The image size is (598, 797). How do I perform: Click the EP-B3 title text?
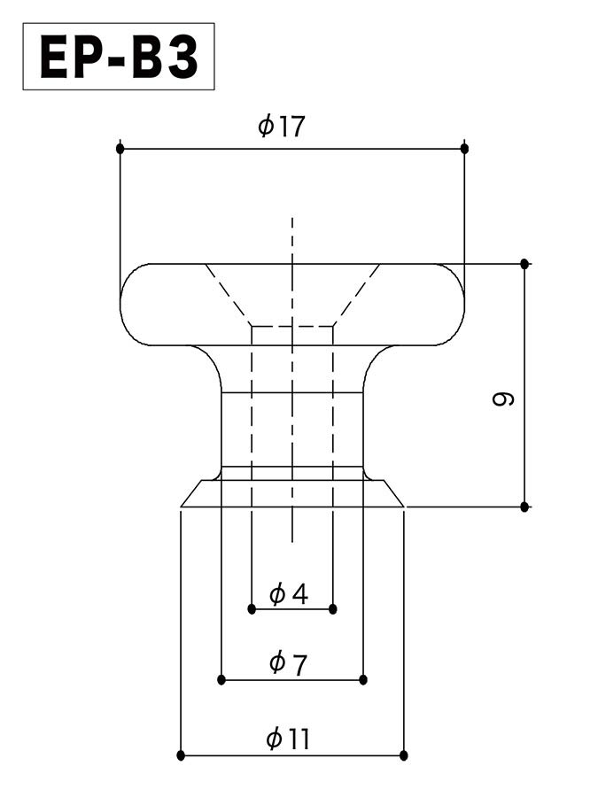pos(119,57)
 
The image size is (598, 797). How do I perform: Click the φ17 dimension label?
pos(281,126)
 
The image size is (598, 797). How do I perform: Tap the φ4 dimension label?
pos(289,593)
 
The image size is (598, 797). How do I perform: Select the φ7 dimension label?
pos(288,663)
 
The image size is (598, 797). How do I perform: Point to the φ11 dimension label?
pos(288,739)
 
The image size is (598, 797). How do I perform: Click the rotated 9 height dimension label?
pos(504,398)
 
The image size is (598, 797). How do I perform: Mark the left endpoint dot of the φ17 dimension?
pos(120,149)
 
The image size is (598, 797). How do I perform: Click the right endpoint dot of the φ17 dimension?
pos(464,149)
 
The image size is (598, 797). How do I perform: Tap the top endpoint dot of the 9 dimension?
pos(524,264)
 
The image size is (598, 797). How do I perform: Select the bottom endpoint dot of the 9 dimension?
pos(524,507)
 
